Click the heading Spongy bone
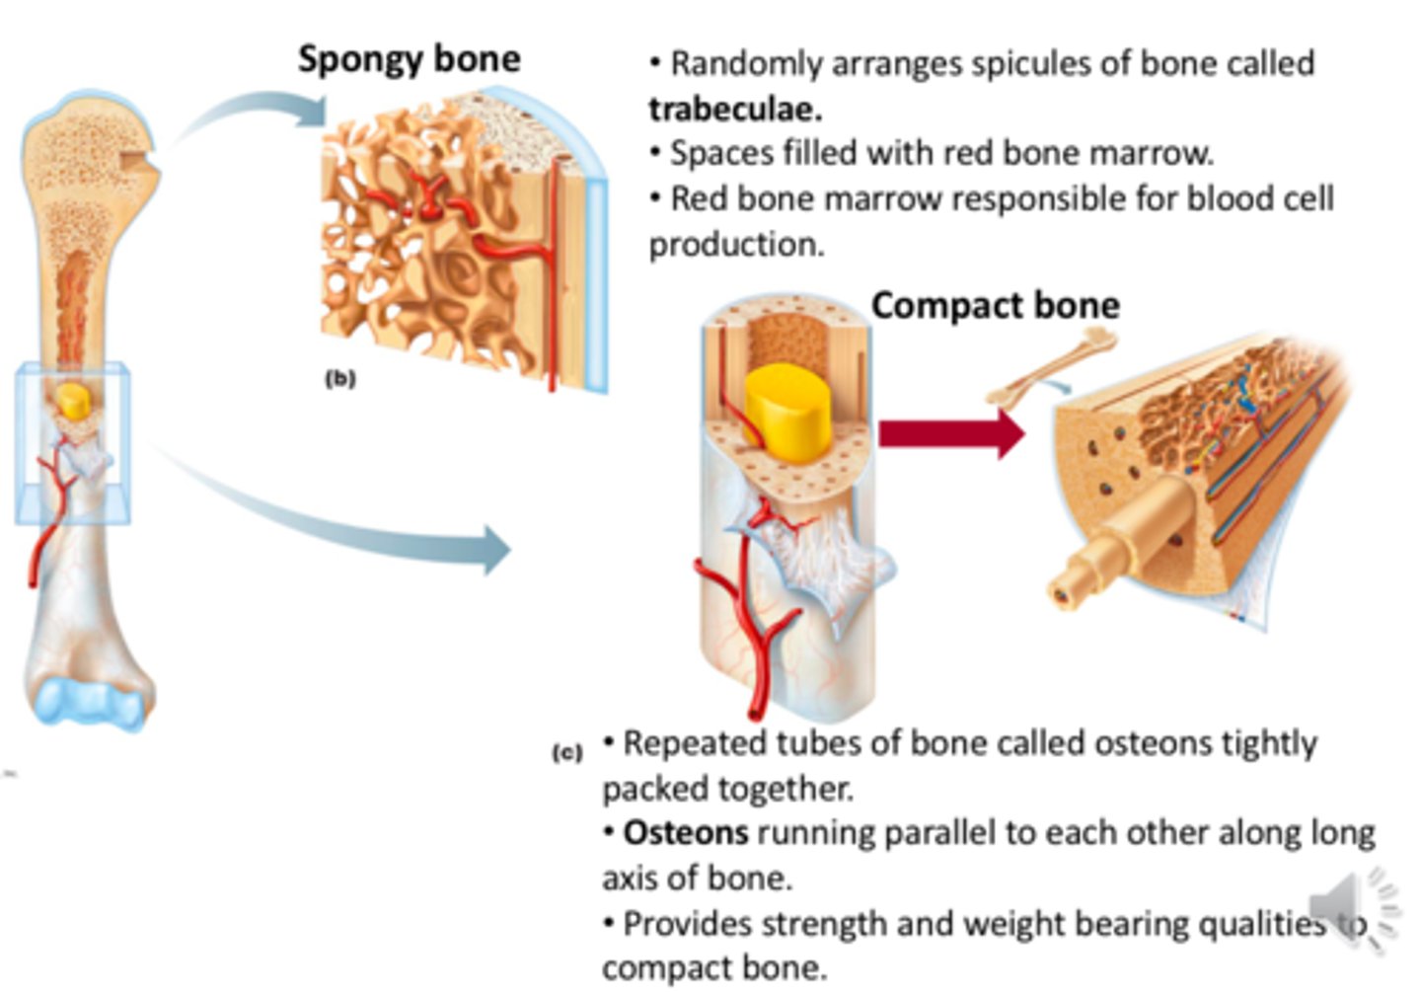pos(409,58)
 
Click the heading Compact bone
pos(995,305)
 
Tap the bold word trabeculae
pos(735,109)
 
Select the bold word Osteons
pos(686,832)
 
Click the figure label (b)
pos(339,378)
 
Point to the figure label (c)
pos(566,753)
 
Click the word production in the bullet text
pos(735,244)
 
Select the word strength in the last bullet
pos(825,924)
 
